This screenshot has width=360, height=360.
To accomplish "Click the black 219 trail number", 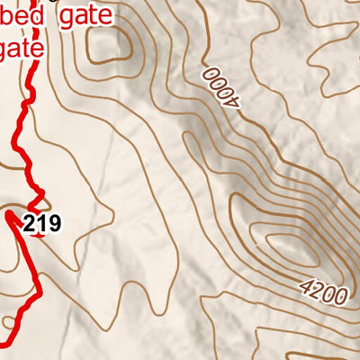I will click(42, 224).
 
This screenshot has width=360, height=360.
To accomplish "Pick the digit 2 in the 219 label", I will click(31, 224).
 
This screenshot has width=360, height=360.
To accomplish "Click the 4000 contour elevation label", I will click(223, 87).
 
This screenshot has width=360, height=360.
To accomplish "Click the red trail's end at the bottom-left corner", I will click(3, 343).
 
